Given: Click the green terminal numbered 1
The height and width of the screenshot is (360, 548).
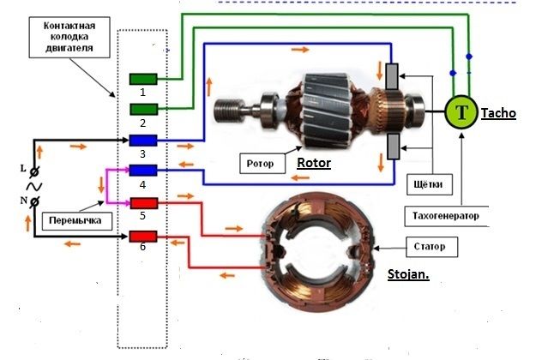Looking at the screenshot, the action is pyautogui.click(x=143, y=79).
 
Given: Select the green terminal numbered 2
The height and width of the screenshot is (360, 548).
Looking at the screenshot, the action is pyautogui.click(x=143, y=110).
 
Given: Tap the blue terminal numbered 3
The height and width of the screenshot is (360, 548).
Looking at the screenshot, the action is pyautogui.click(x=143, y=141).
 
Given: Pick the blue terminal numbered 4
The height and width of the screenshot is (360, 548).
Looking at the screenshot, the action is pyautogui.click(x=143, y=171).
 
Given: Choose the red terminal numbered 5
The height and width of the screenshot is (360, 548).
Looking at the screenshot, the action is pyautogui.click(x=144, y=203).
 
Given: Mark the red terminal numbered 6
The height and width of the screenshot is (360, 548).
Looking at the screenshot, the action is pyautogui.click(x=143, y=237).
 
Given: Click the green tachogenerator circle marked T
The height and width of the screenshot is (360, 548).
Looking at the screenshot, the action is pyautogui.click(x=461, y=112).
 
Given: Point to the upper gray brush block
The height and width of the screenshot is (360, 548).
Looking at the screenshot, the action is pyautogui.click(x=392, y=76).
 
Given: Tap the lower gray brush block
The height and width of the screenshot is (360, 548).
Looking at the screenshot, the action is pyautogui.click(x=393, y=147).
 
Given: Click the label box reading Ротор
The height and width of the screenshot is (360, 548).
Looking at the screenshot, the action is pyautogui.click(x=262, y=164).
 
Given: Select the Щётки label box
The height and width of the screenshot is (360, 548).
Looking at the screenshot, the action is pyautogui.click(x=430, y=184).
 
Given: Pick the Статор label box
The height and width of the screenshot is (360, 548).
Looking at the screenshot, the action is pyautogui.click(x=431, y=247).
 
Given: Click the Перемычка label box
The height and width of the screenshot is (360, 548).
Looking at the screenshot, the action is pyautogui.click(x=77, y=220).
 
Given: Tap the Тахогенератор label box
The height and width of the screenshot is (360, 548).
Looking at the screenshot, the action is pyautogui.click(x=447, y=216).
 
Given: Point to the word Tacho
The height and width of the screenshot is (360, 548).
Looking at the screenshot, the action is pyautogui.click(x=499, y=113).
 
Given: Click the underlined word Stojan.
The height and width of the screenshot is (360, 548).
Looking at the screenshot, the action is pyautogui.click(x=408, y=274).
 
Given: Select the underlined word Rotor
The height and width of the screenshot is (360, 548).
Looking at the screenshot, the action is pyautogui.click(x=314, y=163).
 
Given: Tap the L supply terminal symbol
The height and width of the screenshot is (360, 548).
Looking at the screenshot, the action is pyautogui.click(x=34, y=171).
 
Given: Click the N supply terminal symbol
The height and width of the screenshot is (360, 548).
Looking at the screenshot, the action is pyautogui.click(x=34, y=201).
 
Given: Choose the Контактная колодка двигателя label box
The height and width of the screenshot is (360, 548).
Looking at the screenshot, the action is pyautogui.click(x=69, y=37).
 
